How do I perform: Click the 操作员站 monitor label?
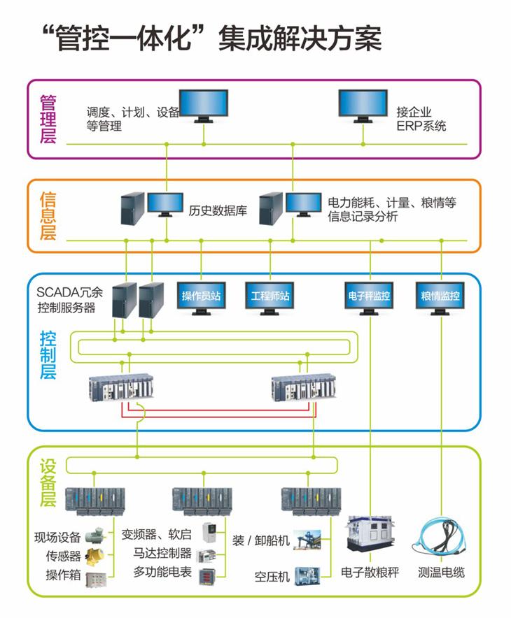pos(202,296)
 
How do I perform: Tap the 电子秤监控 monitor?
pos(370,296)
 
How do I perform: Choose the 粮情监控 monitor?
pos(440,296)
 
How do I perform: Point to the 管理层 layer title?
pos(47,118)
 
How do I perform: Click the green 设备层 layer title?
pos(47,482)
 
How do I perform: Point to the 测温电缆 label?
pos(441,573)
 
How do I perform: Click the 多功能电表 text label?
pos(162,572)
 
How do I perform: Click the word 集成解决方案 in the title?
pos(300,38)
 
